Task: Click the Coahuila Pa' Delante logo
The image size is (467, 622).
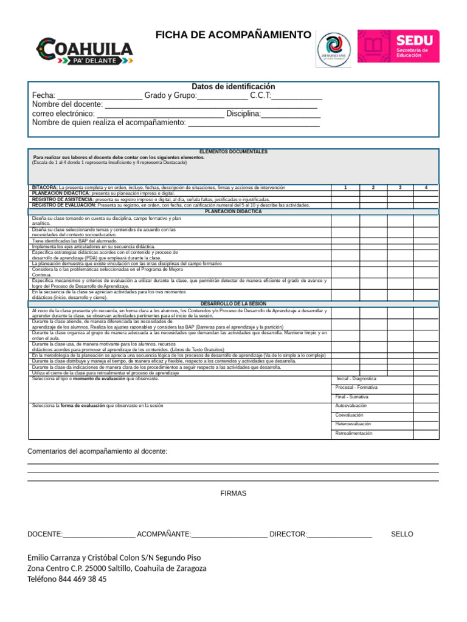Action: click(85, 50)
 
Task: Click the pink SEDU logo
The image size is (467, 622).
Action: click(398, 46)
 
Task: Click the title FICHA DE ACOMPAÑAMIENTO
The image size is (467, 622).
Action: click(233, 35)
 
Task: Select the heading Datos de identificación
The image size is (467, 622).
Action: click(233, 87)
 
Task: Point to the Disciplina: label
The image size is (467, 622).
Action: click(243, 114)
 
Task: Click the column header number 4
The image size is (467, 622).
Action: click(426, 188)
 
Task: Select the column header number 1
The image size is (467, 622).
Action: click(345, 188)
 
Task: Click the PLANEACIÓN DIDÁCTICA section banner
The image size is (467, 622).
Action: click(233, 211)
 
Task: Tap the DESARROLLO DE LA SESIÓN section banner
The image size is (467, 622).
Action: click(233, 304)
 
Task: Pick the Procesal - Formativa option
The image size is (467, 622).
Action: click(356, 387)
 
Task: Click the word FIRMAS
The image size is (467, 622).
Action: click(233, 493)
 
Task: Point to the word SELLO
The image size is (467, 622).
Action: click(402, 534)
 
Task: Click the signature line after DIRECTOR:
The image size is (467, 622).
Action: click(340, 535)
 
